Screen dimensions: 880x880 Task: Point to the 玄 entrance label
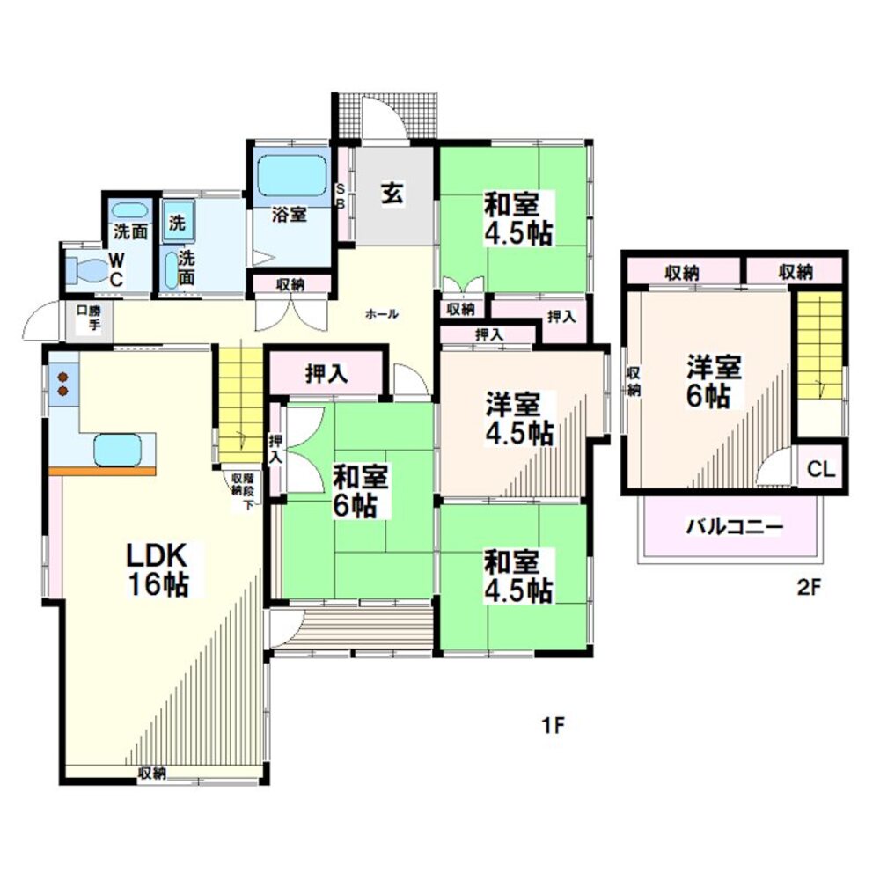(392, 194)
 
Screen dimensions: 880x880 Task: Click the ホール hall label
(382, 314)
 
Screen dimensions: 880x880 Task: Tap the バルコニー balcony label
(735, 527)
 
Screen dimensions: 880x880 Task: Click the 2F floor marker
(810, 588)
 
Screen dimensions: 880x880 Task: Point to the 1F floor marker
(553, 726)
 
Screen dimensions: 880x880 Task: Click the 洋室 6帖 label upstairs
(714, 382)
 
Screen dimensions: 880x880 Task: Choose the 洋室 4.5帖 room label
(519, 419)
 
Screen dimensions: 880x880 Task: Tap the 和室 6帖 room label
(360, 491)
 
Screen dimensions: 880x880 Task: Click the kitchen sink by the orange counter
(117, 450)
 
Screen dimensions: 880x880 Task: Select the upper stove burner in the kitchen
(62, 377)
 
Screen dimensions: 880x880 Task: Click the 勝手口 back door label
(89, 317)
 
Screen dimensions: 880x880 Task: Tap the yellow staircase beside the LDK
(240, 402)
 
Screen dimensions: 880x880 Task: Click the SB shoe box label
(340, 196)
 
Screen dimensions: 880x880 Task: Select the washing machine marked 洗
(179, 222)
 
